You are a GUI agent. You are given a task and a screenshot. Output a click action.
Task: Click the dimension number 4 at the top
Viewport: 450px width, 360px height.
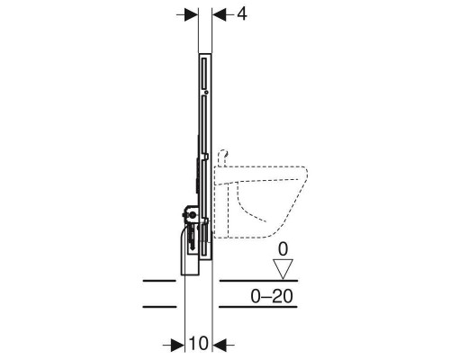pyautogui.click(x=242, y=14)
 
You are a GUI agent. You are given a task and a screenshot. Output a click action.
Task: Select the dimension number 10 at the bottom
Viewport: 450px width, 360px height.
pyautogui.click(x=199, y=343)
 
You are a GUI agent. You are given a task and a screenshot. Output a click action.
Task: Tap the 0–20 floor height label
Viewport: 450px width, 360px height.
pyautogui.click(x=272, y=297)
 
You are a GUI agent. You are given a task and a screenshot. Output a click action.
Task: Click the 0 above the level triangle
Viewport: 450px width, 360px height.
pyautogui.click(x=283, y=249)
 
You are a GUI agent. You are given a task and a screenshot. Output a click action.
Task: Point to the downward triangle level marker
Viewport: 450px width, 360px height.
pyautogui.click(x=283, y=269)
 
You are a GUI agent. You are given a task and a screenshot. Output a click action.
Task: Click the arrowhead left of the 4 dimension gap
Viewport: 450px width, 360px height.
pyautogui.click(x=191, y=14)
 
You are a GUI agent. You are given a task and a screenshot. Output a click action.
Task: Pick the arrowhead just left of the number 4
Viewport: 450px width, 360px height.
pyautogui.click(x=220, y=14)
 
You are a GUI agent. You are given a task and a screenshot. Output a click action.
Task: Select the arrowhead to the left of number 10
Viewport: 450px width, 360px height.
pyautogui.click(x=177, y=346)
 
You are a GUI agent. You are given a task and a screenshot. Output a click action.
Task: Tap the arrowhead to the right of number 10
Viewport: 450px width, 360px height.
pyautogui.click(x=220, y=346)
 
